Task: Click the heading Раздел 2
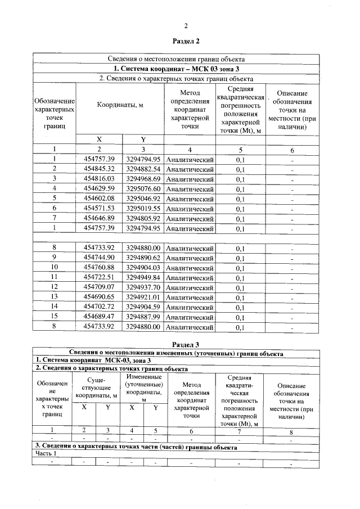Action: click(186, 41)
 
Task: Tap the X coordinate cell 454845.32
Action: click(98, 169)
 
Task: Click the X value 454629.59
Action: click(98, 188)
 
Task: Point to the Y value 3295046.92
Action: click(143, 199)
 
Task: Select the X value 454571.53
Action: click(98, 209)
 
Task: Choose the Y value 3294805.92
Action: click(143, 218)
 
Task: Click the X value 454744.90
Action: click(98, 258)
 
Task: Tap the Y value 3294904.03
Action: click(143, 268)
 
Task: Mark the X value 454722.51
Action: click(98, 277)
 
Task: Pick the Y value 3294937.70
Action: click(143, 287)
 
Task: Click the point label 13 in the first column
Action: click(55, 297)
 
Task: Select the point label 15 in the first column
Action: click(55, 317)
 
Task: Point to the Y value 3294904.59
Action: click(143, 307)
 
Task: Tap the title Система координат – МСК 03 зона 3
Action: click(186, 69)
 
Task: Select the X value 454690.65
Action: click(98, 297)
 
